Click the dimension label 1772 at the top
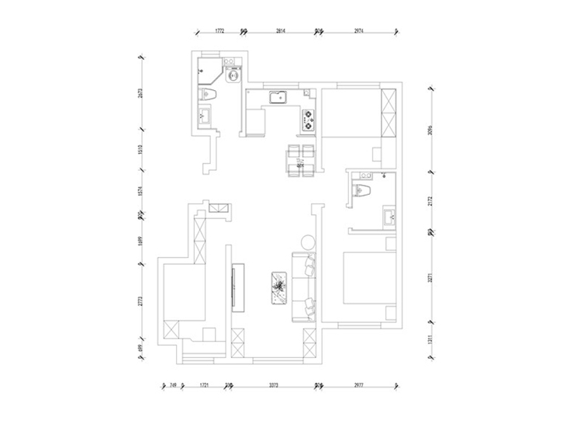coord(220,31)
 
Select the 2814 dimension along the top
coord(281,31)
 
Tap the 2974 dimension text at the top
coord(358,31)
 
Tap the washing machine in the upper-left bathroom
coord(230,75)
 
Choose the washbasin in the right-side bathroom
coord(389,215)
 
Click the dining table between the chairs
coord(300,160)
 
